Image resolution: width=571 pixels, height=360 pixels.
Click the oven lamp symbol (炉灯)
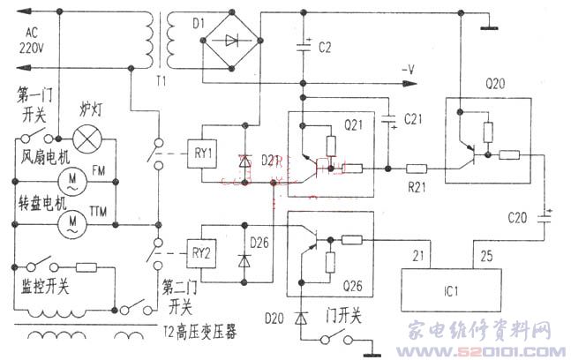(86, 138)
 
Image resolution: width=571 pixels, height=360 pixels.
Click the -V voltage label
(409, 68)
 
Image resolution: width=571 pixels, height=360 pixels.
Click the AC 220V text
(29, 41)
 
